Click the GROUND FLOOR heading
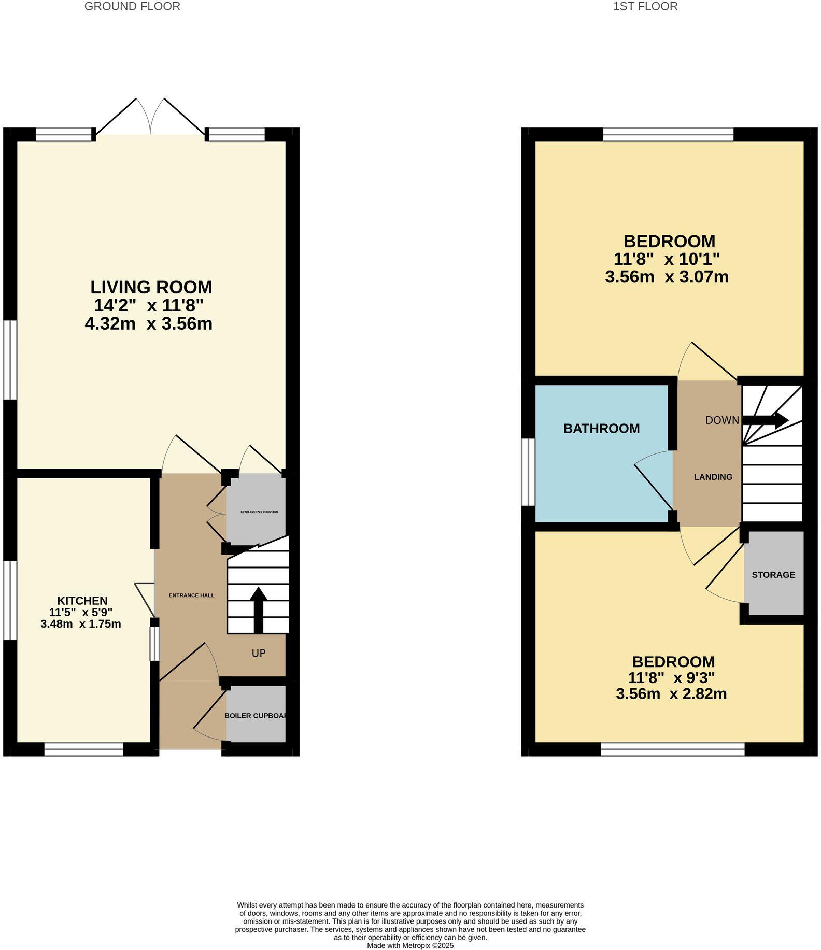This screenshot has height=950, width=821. (x=132, y=7)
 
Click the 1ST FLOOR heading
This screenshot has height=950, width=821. (x=645, y=7)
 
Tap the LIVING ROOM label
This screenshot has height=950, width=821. (x=151, y=287)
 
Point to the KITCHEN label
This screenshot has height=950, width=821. (x=82, y=601)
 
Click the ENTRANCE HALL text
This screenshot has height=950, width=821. (x=191, y=595)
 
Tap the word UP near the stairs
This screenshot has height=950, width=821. (x=259, y=654)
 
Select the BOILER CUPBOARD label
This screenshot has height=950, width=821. (x=256, y=716)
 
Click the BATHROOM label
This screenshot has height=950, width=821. (x=601, y=429)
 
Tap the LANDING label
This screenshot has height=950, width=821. (x=713, y=477)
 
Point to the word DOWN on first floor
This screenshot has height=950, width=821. (x=721, y=420)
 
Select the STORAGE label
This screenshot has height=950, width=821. (x=773, y=575)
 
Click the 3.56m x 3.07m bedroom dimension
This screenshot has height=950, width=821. (x=667, y=277)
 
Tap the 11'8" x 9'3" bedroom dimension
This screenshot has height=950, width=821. (x=671, y=678)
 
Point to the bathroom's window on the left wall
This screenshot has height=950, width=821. (x=528, y=472)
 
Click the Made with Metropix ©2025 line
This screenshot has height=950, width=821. (x=410, y=945)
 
